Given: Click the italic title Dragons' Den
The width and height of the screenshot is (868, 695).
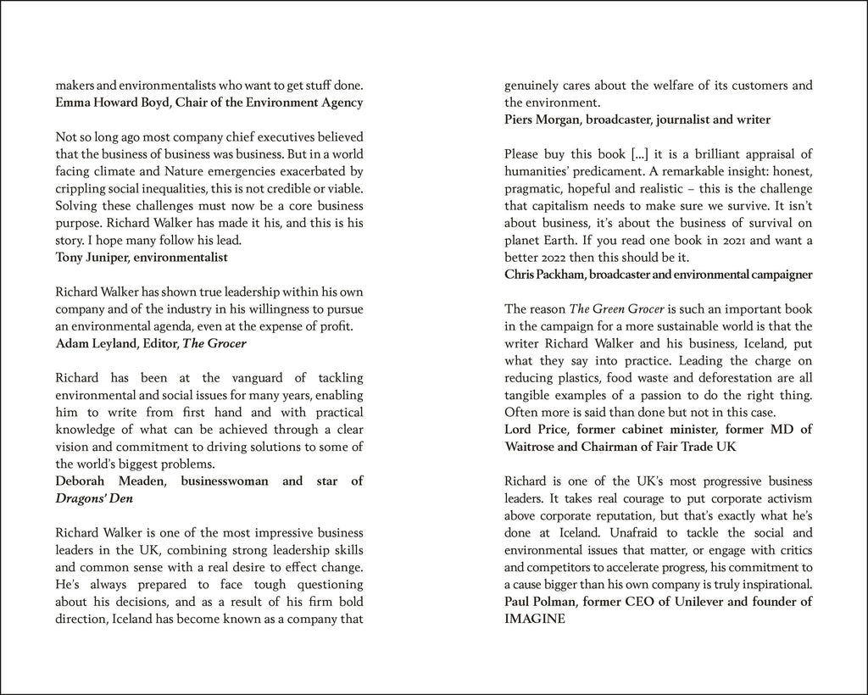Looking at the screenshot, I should [x=93, y=498].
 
